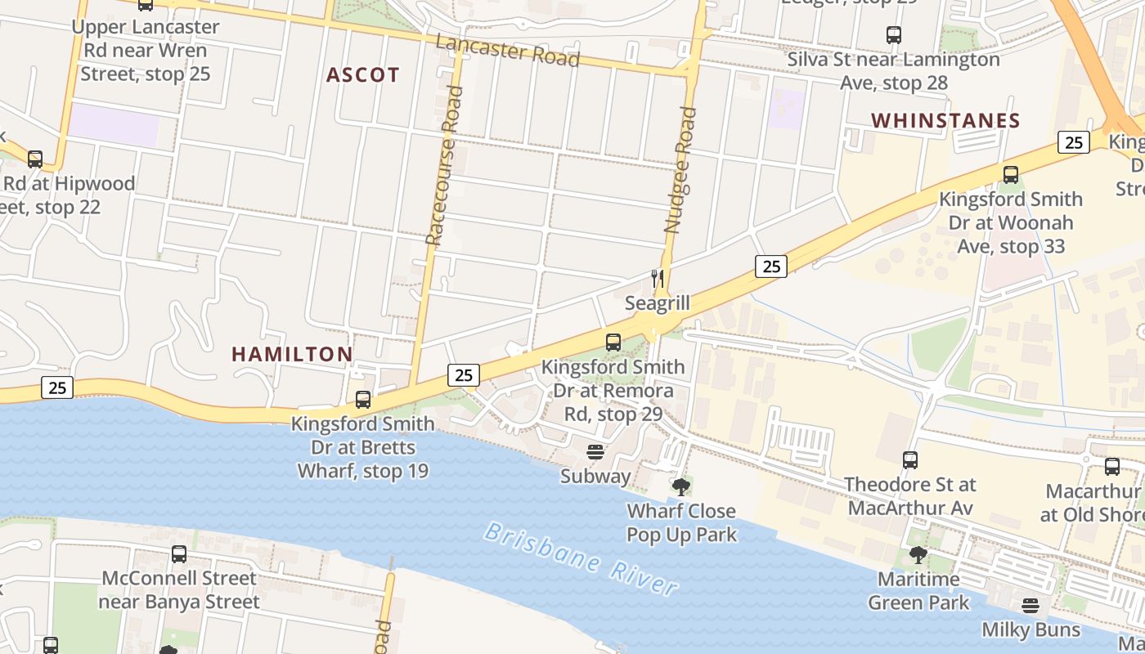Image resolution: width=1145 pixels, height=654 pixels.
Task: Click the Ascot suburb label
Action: click(363, 75)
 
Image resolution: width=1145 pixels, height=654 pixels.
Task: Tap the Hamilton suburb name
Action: click(292, 354)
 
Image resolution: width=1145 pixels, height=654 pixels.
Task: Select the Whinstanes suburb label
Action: click(945, 121)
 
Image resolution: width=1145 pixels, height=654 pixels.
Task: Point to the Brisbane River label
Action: click(581, 558)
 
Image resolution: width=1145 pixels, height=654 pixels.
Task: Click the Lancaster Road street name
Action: click(508, 52)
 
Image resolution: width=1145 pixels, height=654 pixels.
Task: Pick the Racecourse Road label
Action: click(444, 165)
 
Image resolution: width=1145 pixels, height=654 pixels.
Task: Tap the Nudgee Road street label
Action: click(680, 170)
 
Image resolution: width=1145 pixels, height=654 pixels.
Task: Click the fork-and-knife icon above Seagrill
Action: click(658, 278)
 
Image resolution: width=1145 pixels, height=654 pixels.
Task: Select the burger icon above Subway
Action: click(595, 452)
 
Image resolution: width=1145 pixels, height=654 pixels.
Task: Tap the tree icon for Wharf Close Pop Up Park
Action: click(680, 487)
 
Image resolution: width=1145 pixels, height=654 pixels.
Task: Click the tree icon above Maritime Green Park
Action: click(918, 555)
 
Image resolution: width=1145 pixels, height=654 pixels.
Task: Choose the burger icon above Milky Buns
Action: click(1030, 606)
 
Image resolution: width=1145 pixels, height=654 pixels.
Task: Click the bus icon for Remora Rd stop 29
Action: click(613, 343)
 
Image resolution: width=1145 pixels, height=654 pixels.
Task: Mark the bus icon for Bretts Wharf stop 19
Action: click(363, 400)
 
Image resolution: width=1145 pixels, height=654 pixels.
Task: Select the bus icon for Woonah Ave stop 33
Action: click(1011, 174)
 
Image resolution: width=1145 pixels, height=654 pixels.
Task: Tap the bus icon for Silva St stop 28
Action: click(894, 35)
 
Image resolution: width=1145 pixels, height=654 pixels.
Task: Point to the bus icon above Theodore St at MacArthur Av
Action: click(910, 460)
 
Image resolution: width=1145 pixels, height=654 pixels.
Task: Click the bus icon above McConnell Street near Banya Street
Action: click(179, 553)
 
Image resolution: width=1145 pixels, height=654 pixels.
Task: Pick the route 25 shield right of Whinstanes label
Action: click(1074, 142)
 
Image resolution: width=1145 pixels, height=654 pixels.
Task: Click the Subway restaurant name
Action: click(595, 476)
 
